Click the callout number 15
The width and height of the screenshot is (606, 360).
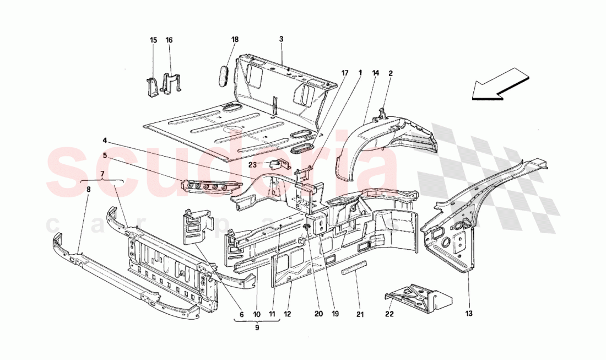153,40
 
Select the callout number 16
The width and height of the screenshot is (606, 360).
169,40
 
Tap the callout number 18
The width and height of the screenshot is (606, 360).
235,40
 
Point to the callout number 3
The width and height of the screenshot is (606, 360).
281,39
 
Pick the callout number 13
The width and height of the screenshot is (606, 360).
469,314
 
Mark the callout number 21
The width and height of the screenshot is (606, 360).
360,314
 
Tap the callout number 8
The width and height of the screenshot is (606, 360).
88,189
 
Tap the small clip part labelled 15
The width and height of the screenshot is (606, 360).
152,86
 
